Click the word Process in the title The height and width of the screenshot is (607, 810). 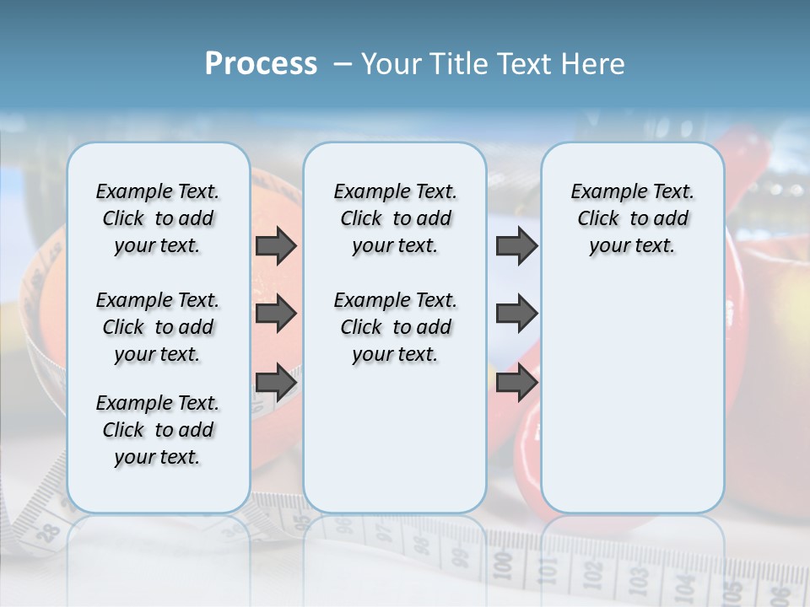click(x=261, y=64)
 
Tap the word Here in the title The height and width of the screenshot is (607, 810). click(x=593, y=64)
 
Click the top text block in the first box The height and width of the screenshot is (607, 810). click(x=157, y=218)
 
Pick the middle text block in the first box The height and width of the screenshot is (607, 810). click(x=157, y=327)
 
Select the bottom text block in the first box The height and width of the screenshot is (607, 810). click(x=157, y=430)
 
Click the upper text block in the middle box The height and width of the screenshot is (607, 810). click(x=395, y=218)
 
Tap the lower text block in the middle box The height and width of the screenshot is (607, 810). click(x=395, y=327)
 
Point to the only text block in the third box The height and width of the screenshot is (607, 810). click(x=632, y=218)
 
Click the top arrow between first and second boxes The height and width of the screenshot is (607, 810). click(x=276, y=246)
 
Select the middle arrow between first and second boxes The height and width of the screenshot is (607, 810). click(x=276, y=314)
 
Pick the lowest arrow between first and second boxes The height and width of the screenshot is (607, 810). click(x=276, y=382)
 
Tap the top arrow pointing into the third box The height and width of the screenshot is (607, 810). click(x=516, y=246)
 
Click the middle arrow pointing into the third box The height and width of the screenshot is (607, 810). click(x=516, y=314)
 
